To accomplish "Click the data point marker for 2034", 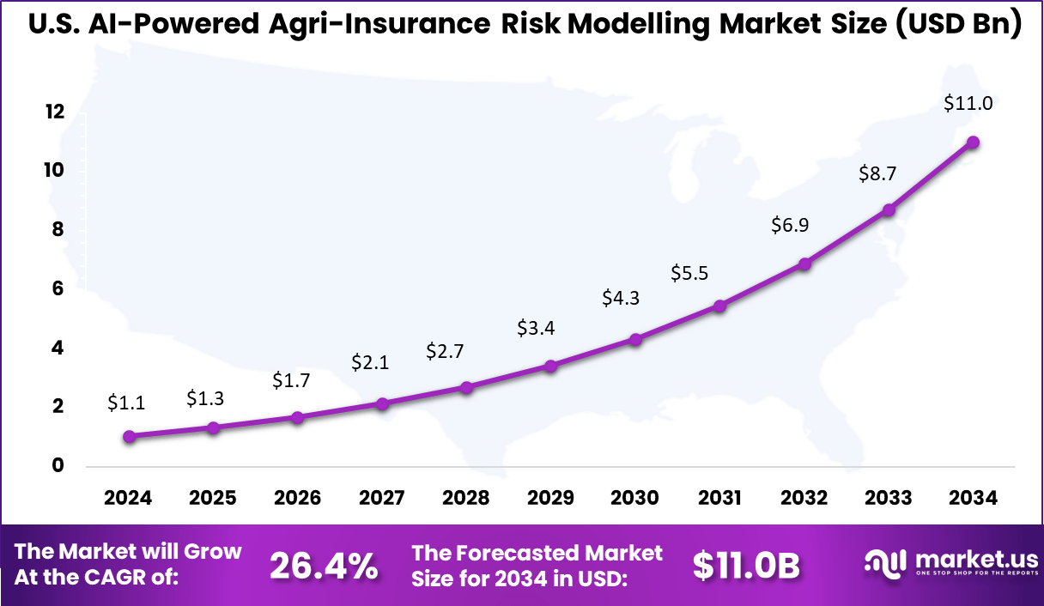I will point(973,142).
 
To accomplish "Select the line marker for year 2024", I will point(129,436).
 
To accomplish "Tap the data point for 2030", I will point(635,339).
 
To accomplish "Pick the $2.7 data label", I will point(444,352).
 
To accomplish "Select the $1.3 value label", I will point(205,398).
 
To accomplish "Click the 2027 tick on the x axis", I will point(381,499).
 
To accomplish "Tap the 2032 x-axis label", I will point(804,499).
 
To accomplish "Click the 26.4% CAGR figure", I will point(324,566).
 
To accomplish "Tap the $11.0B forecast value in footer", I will point(746,566).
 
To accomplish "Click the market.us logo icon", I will point(885,563).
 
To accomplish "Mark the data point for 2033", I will point(889,209).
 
